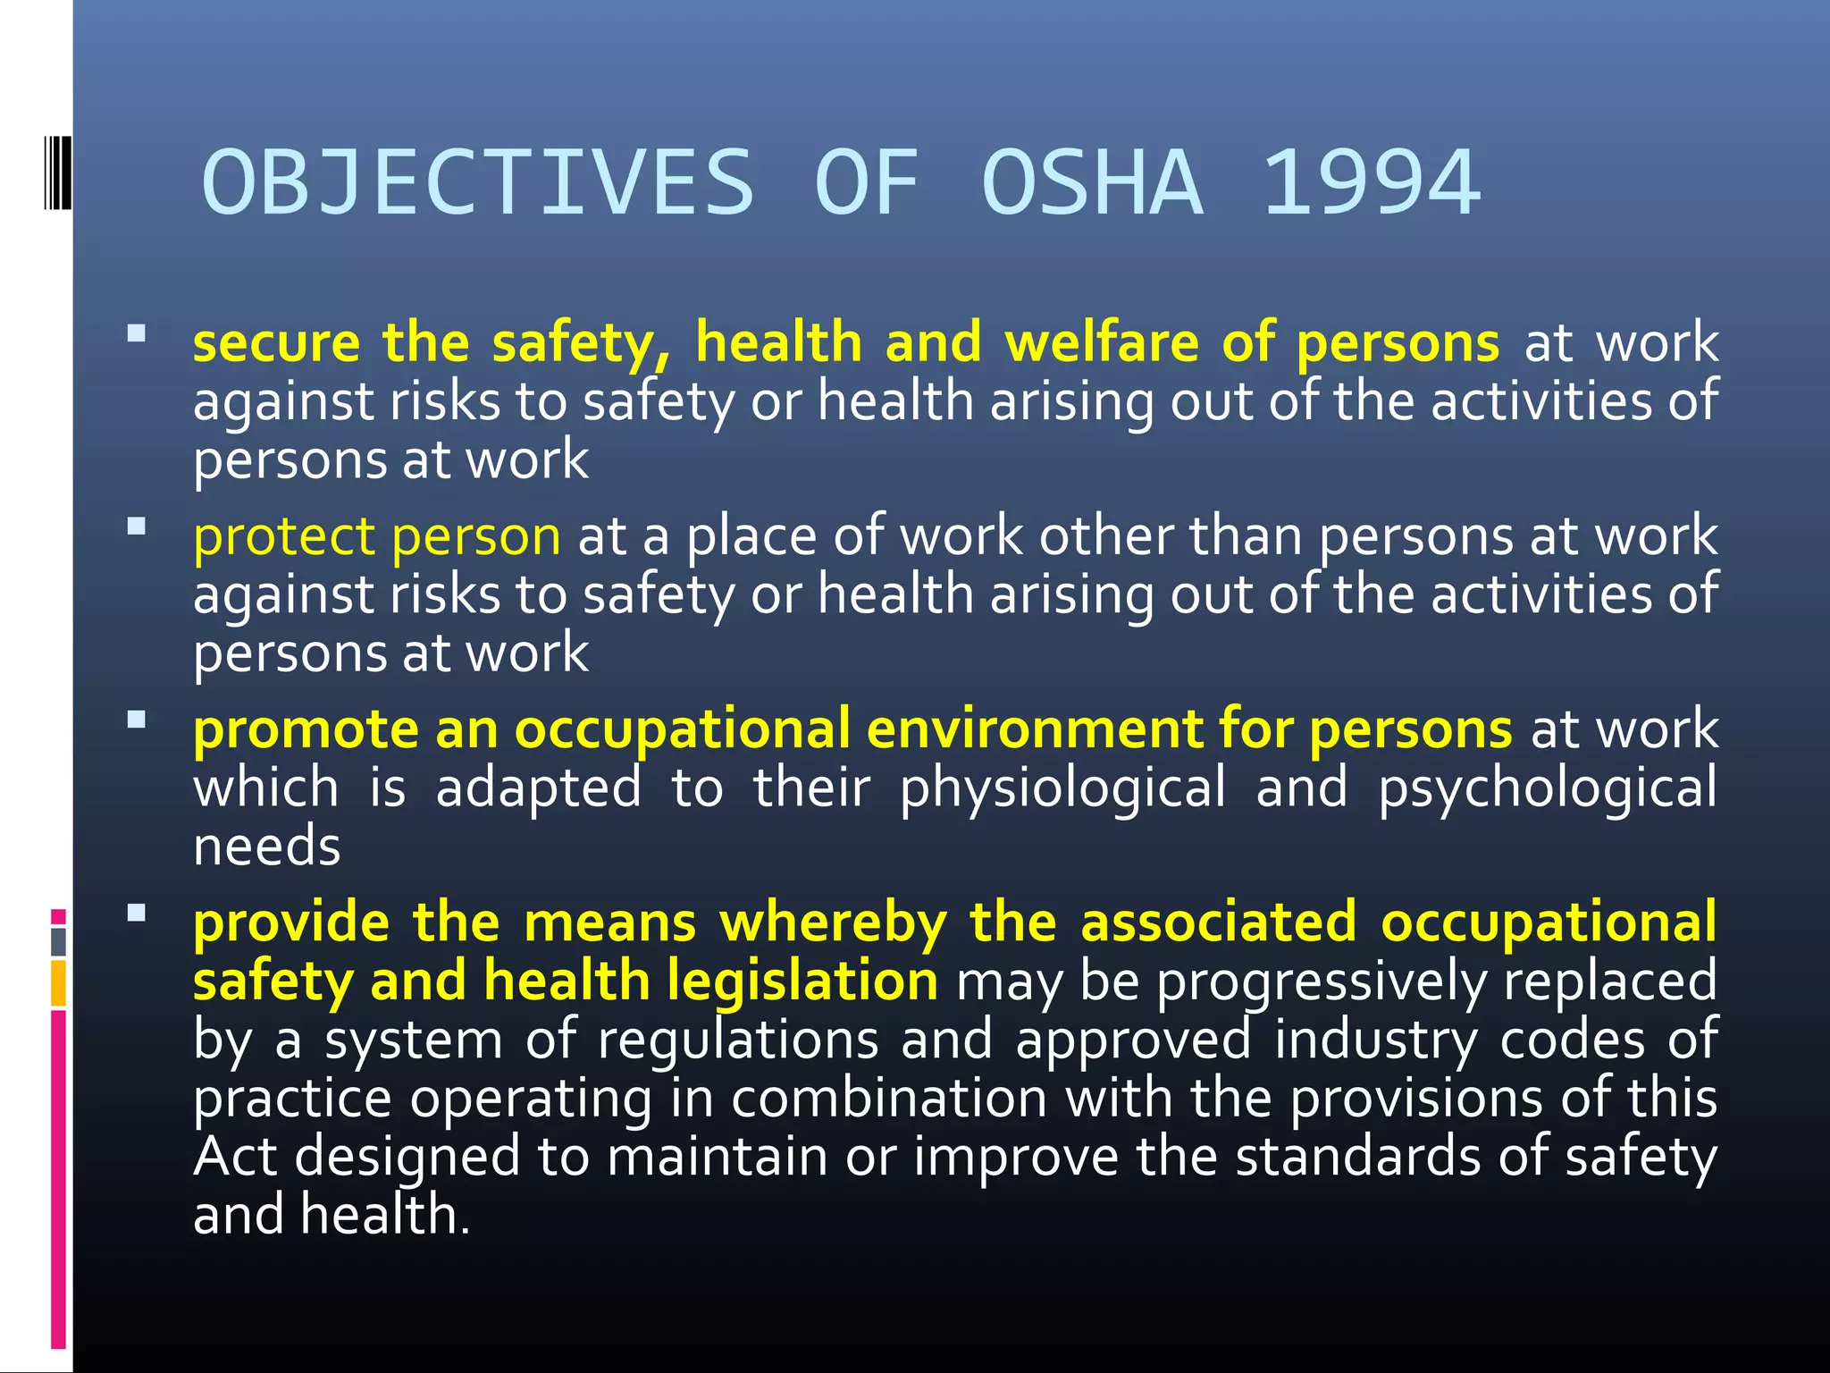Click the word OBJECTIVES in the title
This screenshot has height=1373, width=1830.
479,183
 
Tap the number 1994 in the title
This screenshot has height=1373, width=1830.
1372,183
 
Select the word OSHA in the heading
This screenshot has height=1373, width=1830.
1092,183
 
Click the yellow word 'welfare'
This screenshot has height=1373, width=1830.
1102,342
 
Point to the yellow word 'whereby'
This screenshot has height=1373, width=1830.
833,922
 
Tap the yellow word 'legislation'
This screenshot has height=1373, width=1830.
802,981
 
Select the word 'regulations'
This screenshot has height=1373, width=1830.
738,1041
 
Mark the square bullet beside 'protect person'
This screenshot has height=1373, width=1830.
137,526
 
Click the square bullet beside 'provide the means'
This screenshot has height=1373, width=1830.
137,913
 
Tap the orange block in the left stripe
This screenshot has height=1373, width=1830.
59,983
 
